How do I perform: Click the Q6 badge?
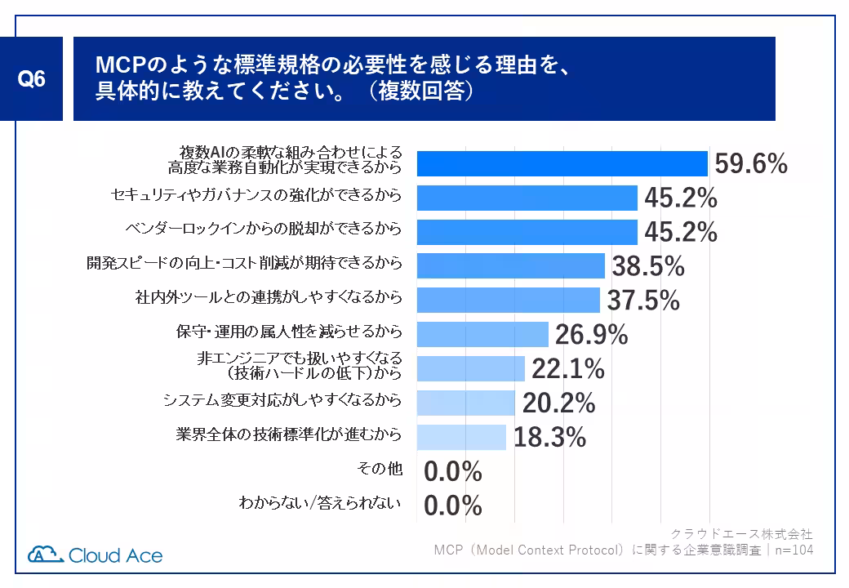tap(32, 78)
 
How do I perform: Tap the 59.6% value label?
tap(751, 164)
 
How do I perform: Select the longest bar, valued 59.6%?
tap(562, 164)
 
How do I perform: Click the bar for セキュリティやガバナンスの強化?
tap(527, 198)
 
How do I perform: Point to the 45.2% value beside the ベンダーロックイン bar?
tap(681, 233)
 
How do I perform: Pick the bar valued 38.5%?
tap(510, 266)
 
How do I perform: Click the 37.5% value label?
tap(643, 301)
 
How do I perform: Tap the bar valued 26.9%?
tap(482, 335)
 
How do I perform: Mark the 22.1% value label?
tap(568, 369)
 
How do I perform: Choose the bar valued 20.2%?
tap(465, 403)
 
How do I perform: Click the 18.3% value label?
tap(549, 438)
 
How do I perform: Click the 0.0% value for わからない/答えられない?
tap(453, 506)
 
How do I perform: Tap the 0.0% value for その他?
tap(453, 472)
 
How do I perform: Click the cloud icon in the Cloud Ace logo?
tap(45, 554)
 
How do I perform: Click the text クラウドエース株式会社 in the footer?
tap(741, 534)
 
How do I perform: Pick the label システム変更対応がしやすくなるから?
tap(282, 400)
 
